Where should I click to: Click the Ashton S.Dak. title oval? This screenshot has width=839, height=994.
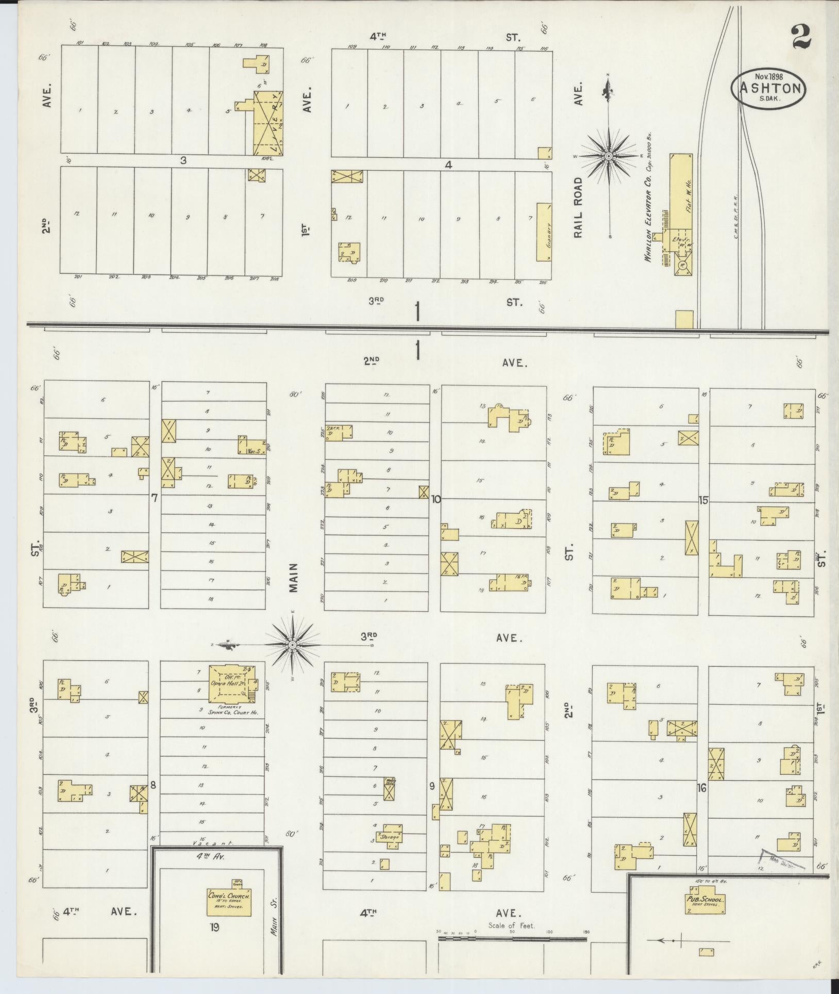coord(768,88)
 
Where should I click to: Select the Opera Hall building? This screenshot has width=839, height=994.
coord(231,683)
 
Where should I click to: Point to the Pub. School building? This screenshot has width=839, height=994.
coord(705,900)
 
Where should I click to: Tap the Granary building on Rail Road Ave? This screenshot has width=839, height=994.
coord(544,232)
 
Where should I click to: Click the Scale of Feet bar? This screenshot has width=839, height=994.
coord(513,939)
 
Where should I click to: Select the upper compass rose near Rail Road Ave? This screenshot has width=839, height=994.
coord(609,156)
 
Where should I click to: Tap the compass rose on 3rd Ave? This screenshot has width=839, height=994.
coord(292,645)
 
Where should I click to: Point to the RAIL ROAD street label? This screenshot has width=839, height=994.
coord(578,208)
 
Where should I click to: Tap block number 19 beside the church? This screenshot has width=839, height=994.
coord(215,927)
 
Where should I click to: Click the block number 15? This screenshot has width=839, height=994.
coord(703,500)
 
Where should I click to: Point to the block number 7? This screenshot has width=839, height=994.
coord(154,498)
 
